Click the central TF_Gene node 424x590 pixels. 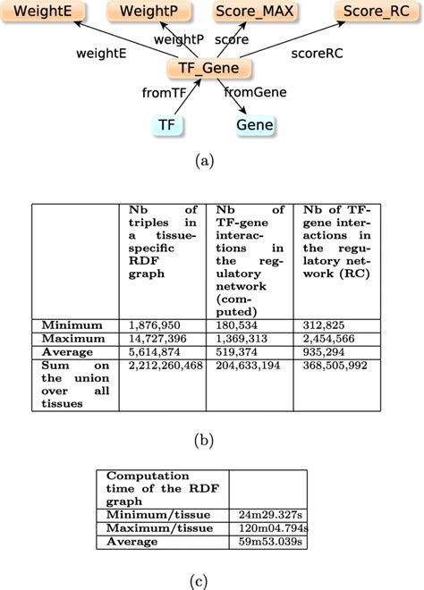coord(209,69)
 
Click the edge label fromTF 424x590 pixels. coord(165,93)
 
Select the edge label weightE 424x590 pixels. coord(100,53)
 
